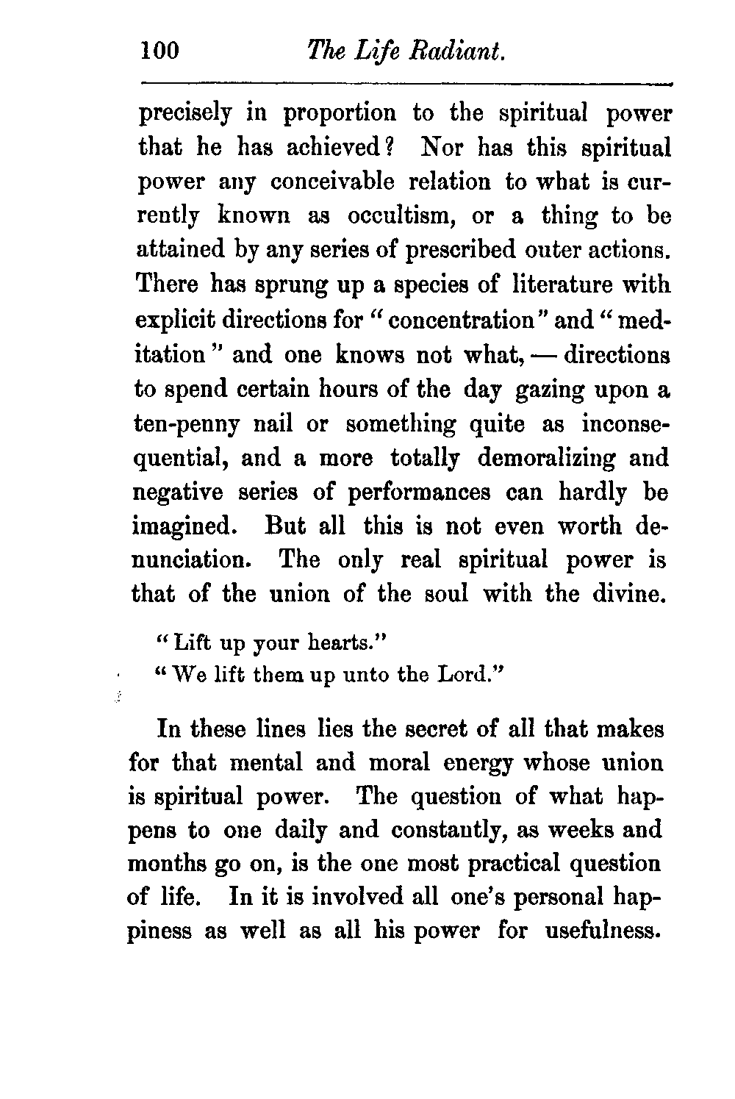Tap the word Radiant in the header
456,51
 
